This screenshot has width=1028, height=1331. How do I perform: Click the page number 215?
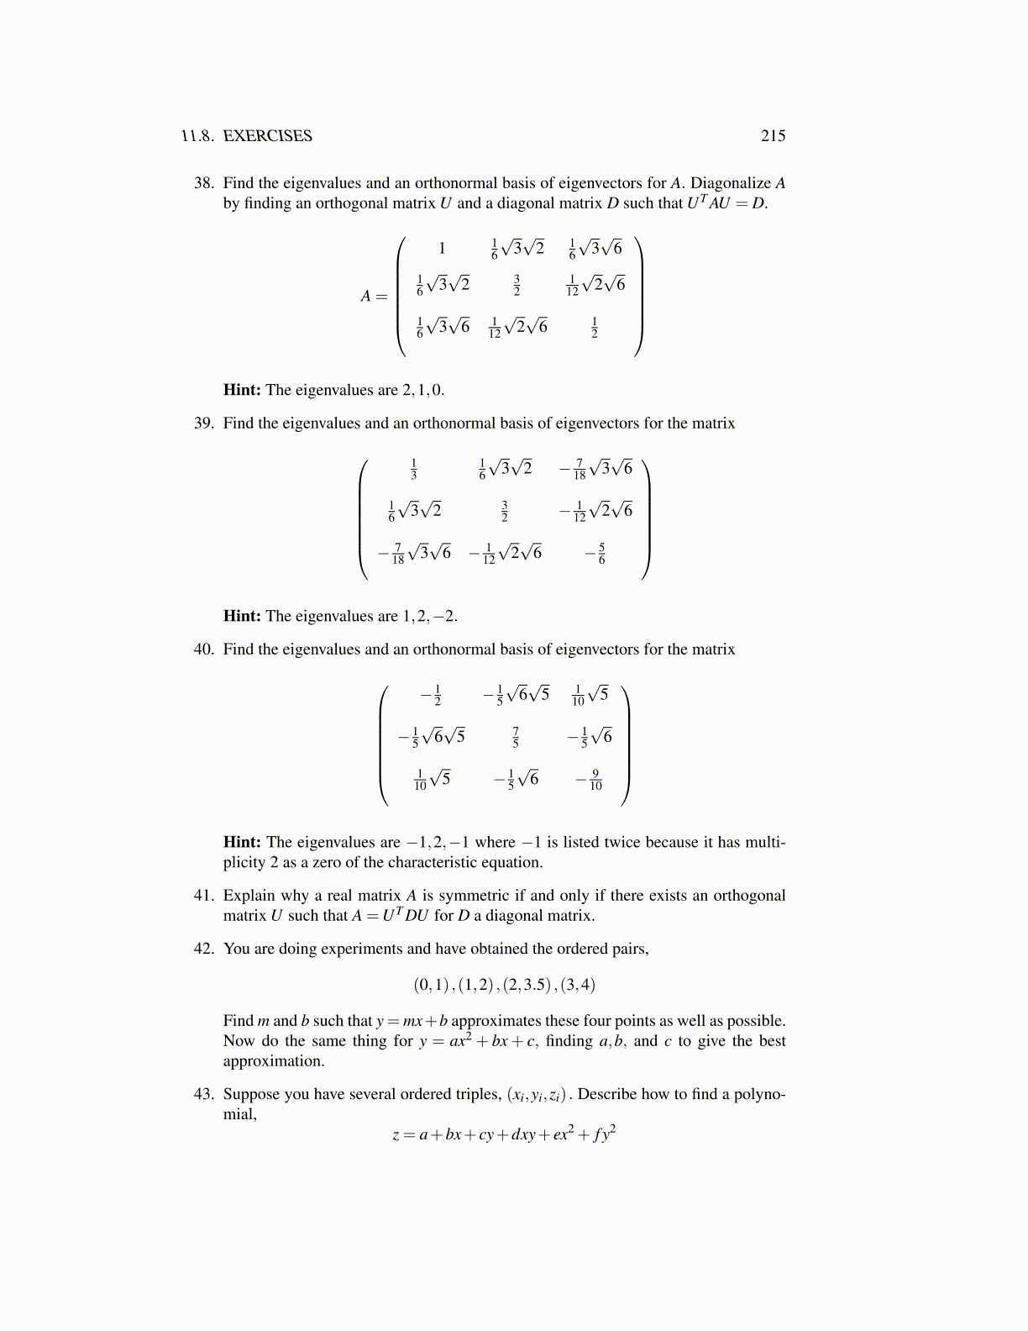[x=773, y=136]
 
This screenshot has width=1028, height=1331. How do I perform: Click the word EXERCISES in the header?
[x=267, y=136]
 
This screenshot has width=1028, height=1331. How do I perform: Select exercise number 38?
[x=204, y=183]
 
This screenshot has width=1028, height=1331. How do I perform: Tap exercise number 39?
[x=204, y=423]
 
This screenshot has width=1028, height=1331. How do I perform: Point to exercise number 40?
[x=204, y=650]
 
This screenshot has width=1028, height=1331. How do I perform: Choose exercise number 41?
[x=204, y=896]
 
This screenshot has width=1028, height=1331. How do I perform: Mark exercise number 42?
[x=204, y=949]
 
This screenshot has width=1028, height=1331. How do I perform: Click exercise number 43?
[x=204, y=1094]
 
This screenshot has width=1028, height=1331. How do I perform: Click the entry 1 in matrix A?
[x=442, y=248]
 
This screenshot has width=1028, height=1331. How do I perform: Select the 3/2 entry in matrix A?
[x=517, y=286]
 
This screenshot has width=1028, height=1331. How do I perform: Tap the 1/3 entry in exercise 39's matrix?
[x=414, y=469]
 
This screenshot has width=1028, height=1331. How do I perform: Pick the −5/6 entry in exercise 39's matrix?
[x=596, y=553]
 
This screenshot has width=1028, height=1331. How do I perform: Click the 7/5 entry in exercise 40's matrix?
[x=516, y=737]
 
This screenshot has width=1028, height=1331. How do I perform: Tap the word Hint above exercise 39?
[x=242, y=390]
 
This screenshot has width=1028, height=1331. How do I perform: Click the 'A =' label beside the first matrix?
[x=374, y=296]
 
